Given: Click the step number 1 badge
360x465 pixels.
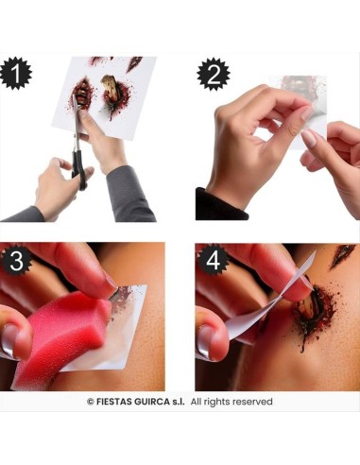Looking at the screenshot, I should click(x=17, y=73).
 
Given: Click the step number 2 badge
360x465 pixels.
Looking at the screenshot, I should click(x=212, y=73).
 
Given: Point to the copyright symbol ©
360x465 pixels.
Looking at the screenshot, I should click(x=91, y=402).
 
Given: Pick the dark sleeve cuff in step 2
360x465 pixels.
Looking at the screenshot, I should click(x=213, y=203).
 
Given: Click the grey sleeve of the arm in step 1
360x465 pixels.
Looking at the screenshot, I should click(x=132, y=194).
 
